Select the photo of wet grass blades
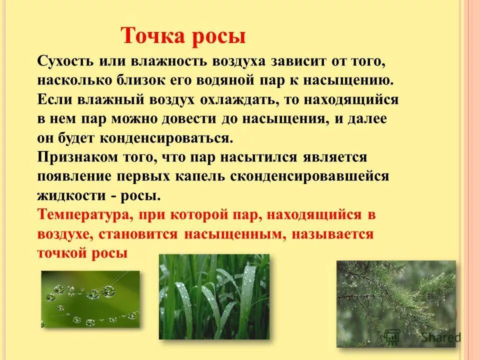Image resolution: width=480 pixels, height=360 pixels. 214,296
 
